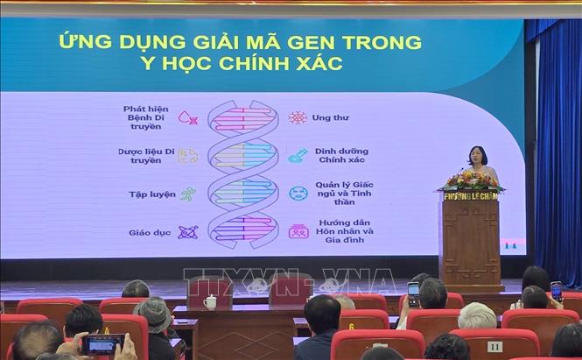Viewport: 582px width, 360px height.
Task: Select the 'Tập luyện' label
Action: pos(151,194)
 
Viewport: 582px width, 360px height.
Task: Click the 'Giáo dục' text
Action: pos(151,232)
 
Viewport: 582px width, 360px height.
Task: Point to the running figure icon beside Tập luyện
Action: pos(188,194)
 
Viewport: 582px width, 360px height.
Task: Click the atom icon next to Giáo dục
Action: pos(187,232)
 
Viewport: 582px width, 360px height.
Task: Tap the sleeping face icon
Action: pos(298,193)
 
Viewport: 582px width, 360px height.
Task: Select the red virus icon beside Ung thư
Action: pos(298,117)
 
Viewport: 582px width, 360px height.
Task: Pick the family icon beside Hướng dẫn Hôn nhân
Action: pos(298,232)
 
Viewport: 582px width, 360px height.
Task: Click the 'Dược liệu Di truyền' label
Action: pos(146,155)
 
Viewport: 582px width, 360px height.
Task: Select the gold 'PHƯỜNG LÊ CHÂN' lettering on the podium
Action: pos(470,197)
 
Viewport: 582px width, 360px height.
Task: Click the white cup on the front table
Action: pos(210,301)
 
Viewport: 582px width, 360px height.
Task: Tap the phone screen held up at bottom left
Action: pos(102,344)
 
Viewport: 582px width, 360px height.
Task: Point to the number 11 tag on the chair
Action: pos(494,347)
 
